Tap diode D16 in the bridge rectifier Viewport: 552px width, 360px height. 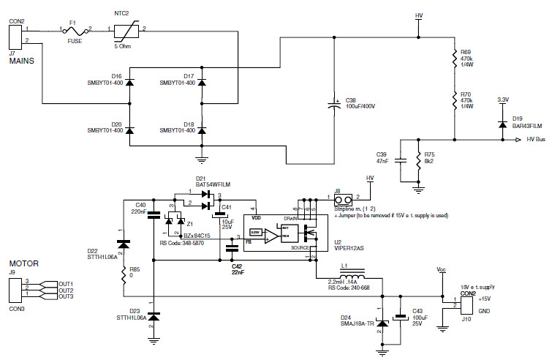click(x=130, y=81)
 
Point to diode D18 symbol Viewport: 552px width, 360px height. click(x=202, y=130)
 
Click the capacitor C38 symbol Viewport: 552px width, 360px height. click(x=333, y=105)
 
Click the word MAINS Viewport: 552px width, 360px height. click(x=21, y=61)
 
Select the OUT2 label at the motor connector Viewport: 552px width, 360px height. click(x=67, y=290)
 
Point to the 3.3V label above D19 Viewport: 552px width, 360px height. click(x=502, y=100)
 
